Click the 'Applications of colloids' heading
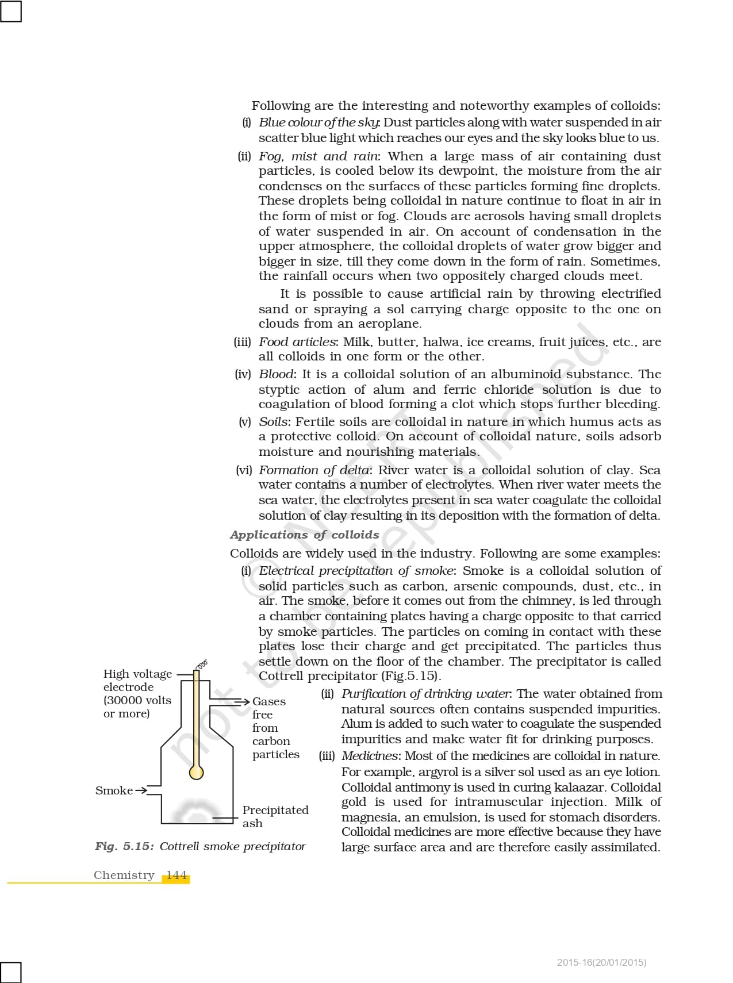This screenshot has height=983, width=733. [304, 535]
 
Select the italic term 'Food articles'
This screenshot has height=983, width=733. [297, 342]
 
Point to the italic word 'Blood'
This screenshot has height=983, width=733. [276, 374]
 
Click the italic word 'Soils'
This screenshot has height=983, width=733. [274, 422]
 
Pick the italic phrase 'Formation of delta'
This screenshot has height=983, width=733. [314, 470]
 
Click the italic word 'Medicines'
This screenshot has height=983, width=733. [370, 756]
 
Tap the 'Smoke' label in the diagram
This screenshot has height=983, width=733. [114, 790]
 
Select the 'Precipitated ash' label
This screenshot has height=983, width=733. [275, 816]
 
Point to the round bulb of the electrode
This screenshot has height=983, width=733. [197, 771]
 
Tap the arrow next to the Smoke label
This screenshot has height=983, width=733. [141, 790]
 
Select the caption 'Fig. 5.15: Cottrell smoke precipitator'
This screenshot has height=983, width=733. [200, 846]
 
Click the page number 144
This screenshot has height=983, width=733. [176, 876]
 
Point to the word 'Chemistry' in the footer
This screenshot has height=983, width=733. [124, 876]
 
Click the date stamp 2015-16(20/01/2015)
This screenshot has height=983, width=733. [601, 962]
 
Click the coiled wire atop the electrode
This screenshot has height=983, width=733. [201, 665]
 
